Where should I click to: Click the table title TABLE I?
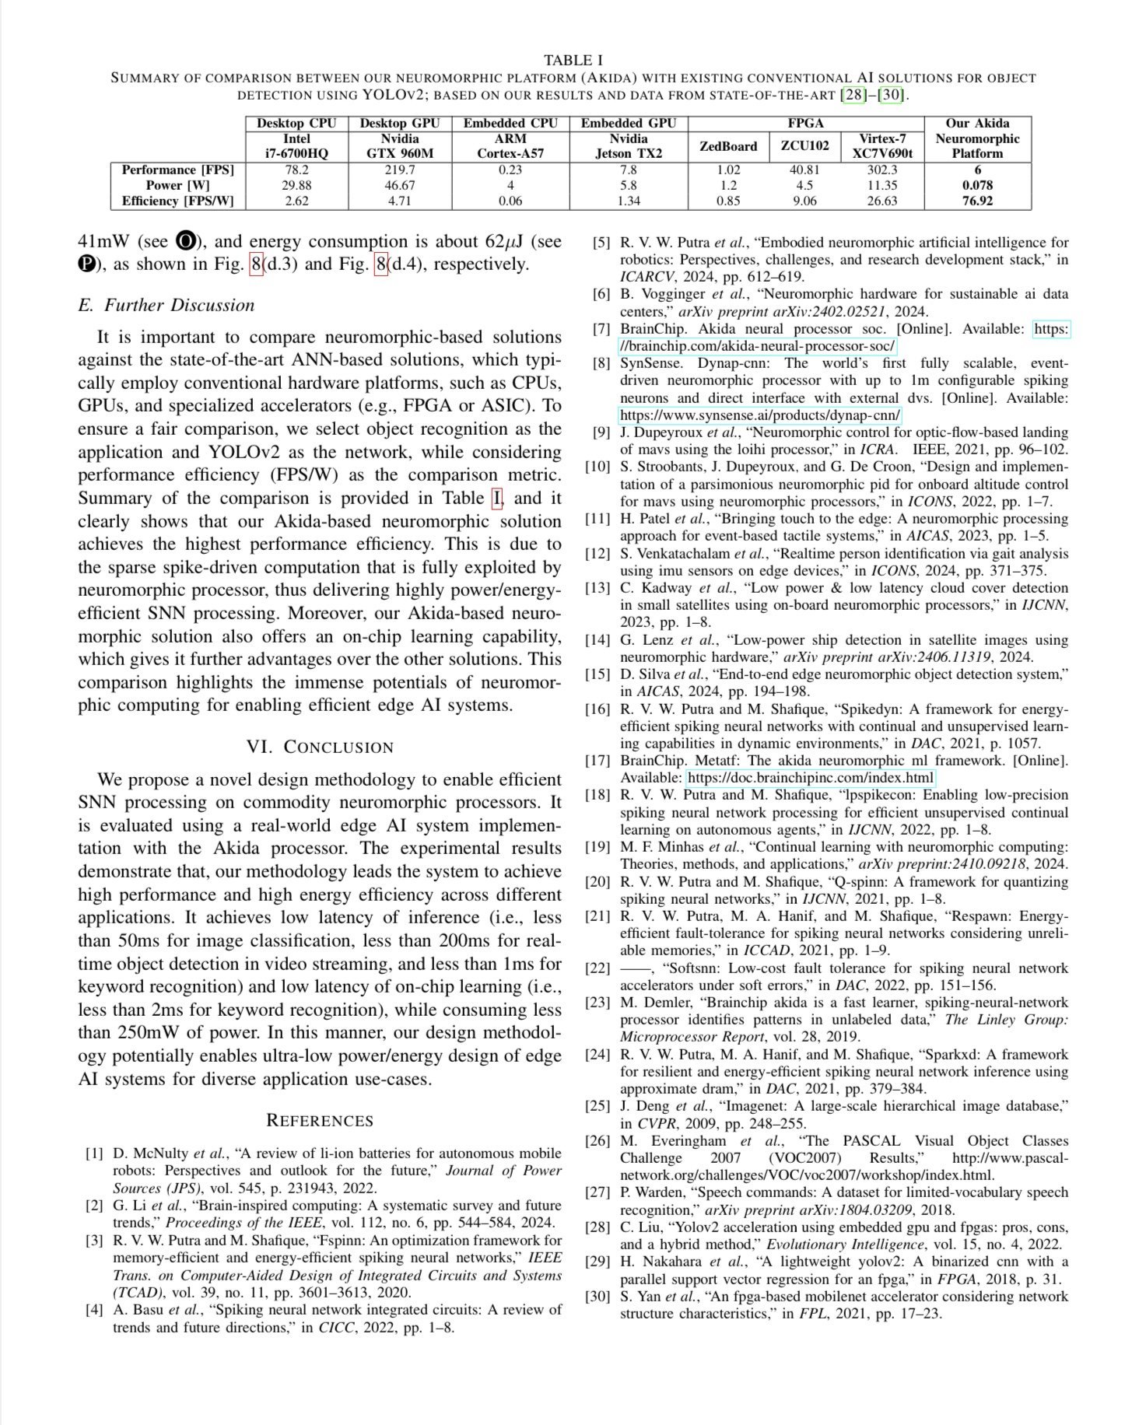pos(573,60)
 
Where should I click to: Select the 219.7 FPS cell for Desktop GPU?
pos(400,170)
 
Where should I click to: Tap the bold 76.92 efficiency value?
pos(977,201)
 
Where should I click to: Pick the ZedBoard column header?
pos(728,146)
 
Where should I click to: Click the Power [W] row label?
pos(177,185)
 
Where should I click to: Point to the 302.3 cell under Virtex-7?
pos(882,170)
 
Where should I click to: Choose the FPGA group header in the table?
pos(805,123)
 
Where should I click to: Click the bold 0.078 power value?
pos(977,185)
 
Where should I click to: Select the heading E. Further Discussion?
pos(166,305)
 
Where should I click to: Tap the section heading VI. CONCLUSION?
pos(320,747)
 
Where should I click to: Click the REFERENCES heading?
pos(320,1120)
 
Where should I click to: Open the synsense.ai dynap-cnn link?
pos(759,415)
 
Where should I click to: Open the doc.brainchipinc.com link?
pos(810,778)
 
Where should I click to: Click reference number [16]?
pos(598,709)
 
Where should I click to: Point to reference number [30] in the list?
pos(598,1296)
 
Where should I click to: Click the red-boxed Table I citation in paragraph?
pos(497,498)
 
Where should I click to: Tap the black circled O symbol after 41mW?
pos(186,241)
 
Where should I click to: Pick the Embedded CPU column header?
pos(510,123)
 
